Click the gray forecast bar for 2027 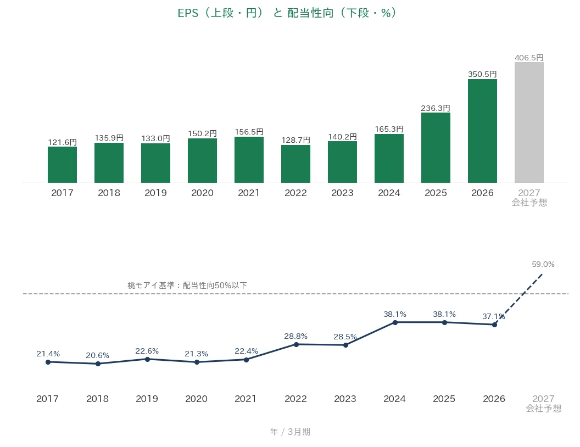coord(529,122)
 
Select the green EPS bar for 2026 coord(482,131)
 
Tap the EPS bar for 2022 coord(295,164)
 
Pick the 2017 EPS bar coord(62,165)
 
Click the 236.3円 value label coord(436,108)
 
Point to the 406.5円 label coord(529,58)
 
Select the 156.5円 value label coord(249,132)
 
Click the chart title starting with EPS coord(287,13)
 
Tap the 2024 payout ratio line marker coord(395,322)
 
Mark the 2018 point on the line coord(98,364)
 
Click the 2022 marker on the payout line coord(296,344)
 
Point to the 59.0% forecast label coord(543,264)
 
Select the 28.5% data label coord(345,337)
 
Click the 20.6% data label coord(97,355)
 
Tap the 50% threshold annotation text coord(187,286)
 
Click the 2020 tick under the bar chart coord(202,193)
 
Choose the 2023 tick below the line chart coord(345,399)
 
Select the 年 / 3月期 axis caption coord(290,432)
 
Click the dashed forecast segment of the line coord(518,299)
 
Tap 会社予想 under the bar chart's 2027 coord(529,203)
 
